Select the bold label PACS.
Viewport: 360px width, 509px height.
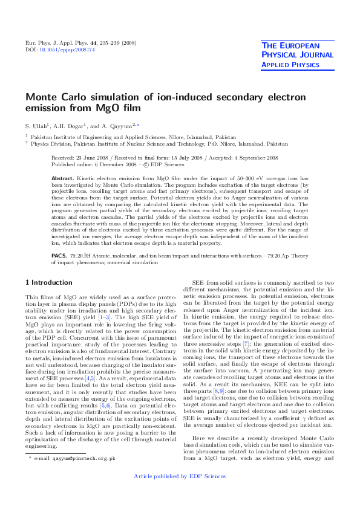pos(59,256)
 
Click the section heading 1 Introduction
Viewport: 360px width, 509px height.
pos(49,282)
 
